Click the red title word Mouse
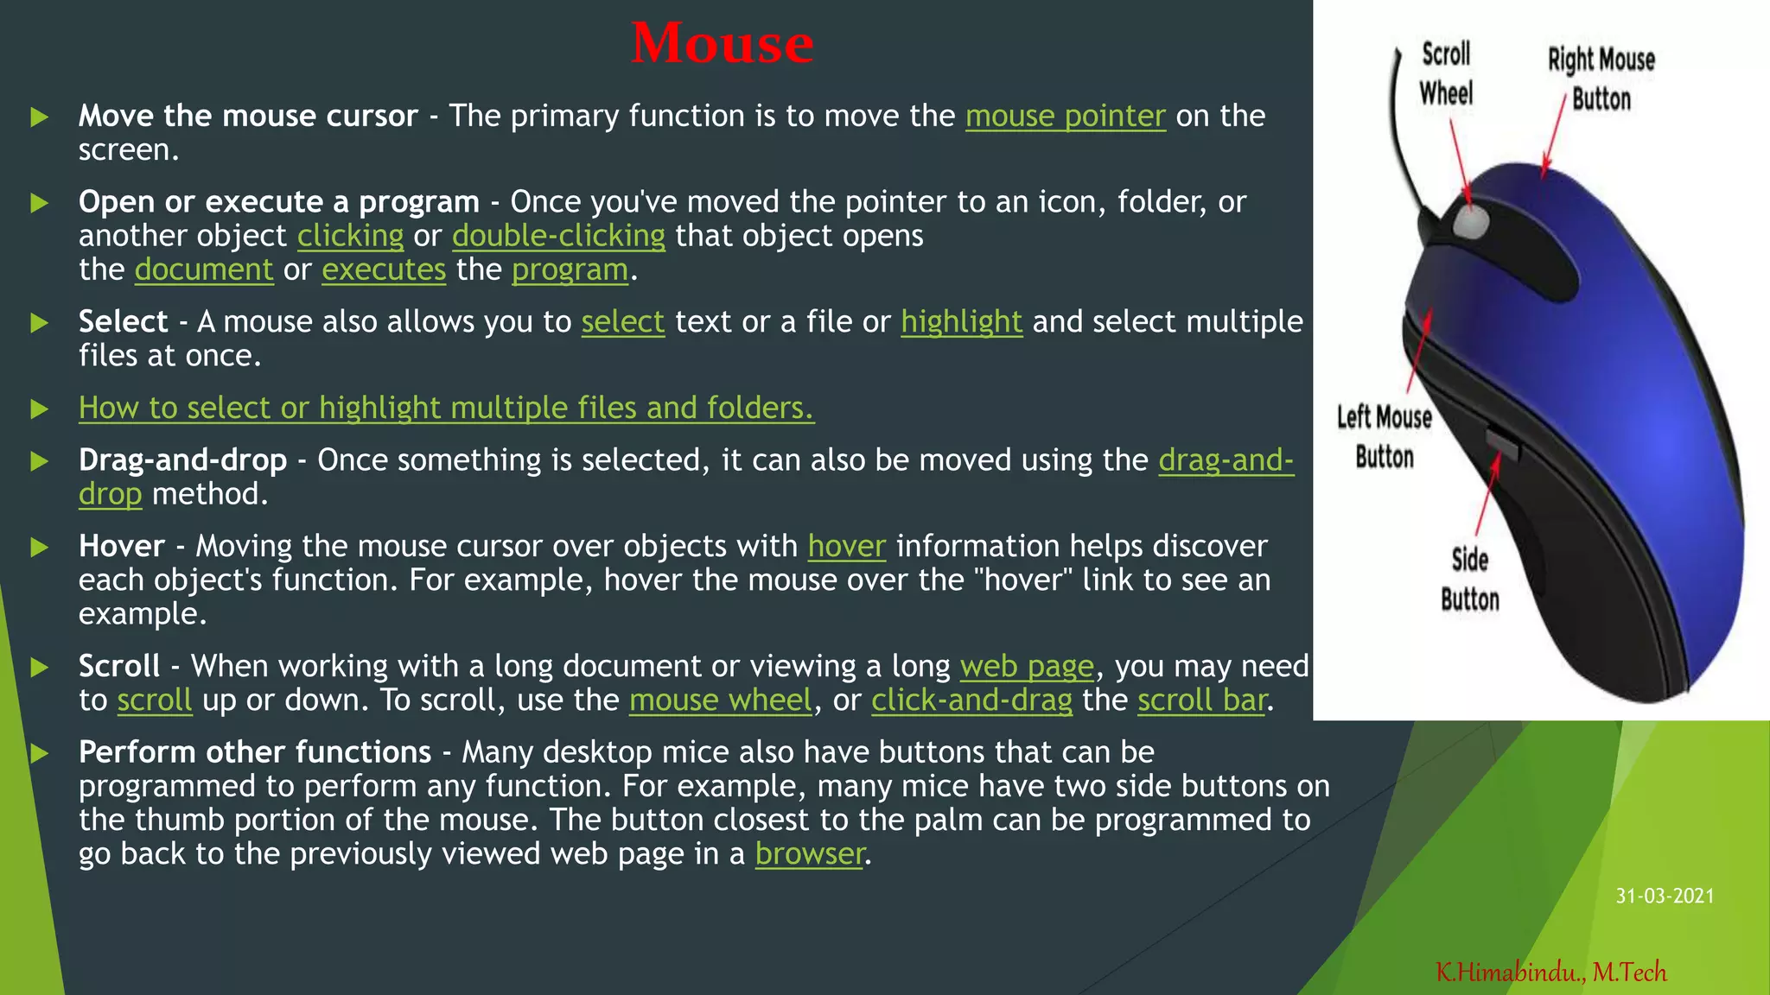(x=722, y=43)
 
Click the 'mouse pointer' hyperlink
(x=1065, y=116)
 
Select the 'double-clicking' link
(x=558, y=236)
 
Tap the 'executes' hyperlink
(x=384, y=270)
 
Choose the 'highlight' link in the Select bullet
(x=961, y=322)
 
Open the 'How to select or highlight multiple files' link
(x=446, y=408)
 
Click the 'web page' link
(x=1027, y=667)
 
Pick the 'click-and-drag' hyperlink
(x=971, y=700)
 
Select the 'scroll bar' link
(x=1202, y=700)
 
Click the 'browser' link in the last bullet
(x=809, y=854)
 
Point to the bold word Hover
(x=122, y=547)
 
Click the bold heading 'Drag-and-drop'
(x=182, y=460)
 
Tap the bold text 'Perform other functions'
(x=255, y=752)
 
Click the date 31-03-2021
(x=1665, y=897)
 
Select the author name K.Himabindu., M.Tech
(x=1551, y=973)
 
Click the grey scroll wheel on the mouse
(x=1471, y=220)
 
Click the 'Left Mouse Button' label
(x=1384, y=437)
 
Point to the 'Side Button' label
(x=1469, y=580)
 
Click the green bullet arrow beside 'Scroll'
(x=39, y=668)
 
